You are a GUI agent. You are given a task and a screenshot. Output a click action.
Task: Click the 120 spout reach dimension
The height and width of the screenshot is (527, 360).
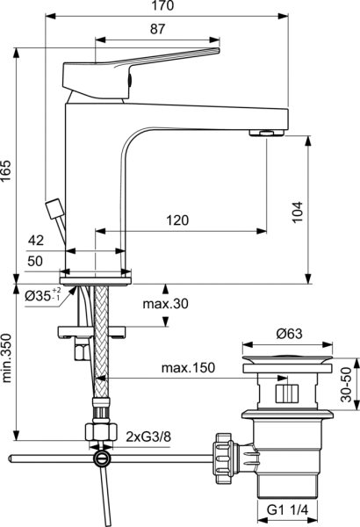pos(178,221)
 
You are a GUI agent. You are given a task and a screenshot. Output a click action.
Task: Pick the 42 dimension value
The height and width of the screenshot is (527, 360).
pos(36,240)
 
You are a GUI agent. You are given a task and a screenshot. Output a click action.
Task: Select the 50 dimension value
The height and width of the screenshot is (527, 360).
pos(36,261)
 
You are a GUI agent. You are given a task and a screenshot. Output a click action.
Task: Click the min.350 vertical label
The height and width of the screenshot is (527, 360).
pos(8,360)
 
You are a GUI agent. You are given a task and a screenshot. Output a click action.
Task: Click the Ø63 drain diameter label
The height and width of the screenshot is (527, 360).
pos(289,333)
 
